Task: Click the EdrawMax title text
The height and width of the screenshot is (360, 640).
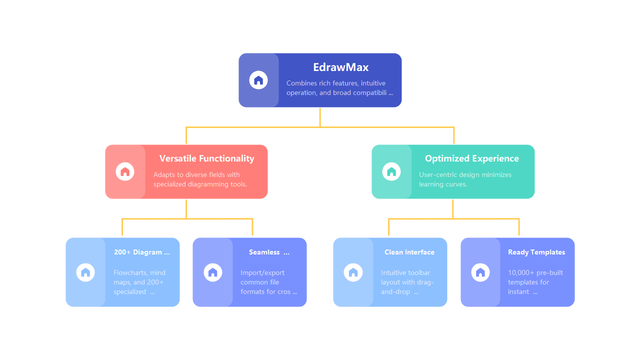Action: click(x=340, y=67)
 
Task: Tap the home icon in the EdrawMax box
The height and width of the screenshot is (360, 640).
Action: click(x=258, y=80)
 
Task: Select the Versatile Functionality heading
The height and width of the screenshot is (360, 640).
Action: click(x=206, y=158)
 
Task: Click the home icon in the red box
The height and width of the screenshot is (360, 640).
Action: click(x=125, y=171)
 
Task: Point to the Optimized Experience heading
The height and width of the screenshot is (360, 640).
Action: click(x=471, y=158)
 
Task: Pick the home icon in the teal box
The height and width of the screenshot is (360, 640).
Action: click(x=391, y=171)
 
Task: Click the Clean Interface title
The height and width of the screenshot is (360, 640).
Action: click(x=409, y=252)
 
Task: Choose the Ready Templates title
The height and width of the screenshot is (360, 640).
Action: click(x=536, y=252)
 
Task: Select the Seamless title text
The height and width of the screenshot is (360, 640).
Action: click(x=264, y=252)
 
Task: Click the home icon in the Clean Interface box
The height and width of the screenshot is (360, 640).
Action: click(x=353, y=272)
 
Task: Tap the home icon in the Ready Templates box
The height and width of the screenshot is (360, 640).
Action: click(x=480, y=272)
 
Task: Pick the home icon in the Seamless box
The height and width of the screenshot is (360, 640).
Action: click(x=213, y=272)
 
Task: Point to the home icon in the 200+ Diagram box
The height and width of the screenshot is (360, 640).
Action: click(x=85, y=272)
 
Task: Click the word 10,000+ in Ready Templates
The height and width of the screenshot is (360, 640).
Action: click(x=521, y=273)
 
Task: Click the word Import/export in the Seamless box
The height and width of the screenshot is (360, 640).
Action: click(x=262, y=273)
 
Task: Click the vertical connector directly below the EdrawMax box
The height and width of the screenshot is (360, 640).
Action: click(x=320, y=117)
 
